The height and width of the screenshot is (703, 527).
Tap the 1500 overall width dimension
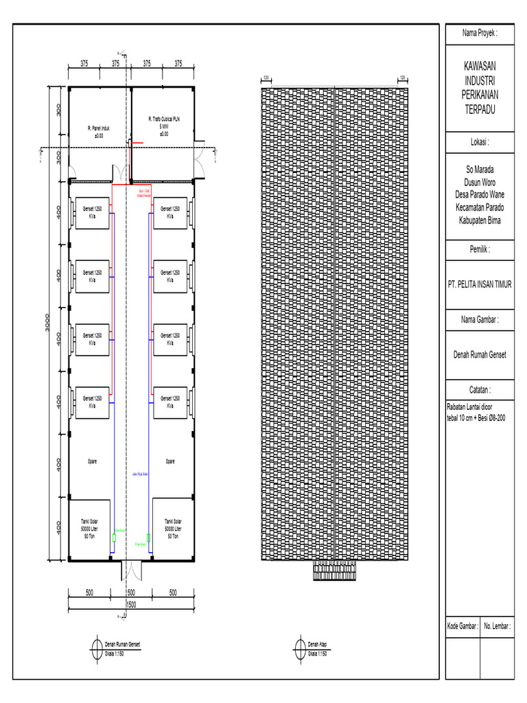tap(131, 605)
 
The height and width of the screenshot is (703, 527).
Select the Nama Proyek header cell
tap(480, 33)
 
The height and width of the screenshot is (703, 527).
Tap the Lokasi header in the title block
tap(480, 142)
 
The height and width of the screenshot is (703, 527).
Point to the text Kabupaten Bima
tap(480, 220)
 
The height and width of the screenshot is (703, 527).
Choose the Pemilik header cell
tap(480, 251)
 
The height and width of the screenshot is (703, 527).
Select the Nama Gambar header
tap(480, 320)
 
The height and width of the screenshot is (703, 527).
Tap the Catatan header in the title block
tap(480, 389)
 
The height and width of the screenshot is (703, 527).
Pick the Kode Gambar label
tap(462, 626)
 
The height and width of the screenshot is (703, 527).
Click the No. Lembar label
tap(497, 626)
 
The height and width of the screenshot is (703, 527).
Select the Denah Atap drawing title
tap(317, 644)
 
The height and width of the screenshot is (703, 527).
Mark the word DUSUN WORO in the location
tap(480, 181)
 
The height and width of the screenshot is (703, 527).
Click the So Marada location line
tap(480, 168)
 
